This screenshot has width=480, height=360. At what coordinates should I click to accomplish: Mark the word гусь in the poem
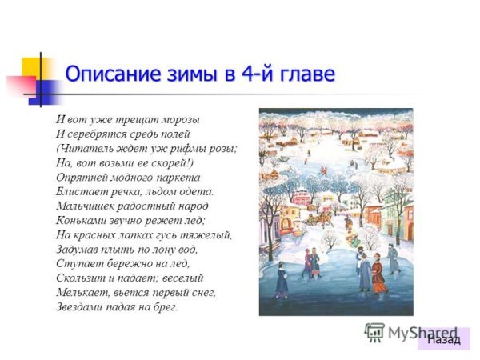click(169, 234)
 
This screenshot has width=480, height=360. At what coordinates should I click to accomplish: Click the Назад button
click(443, 338)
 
